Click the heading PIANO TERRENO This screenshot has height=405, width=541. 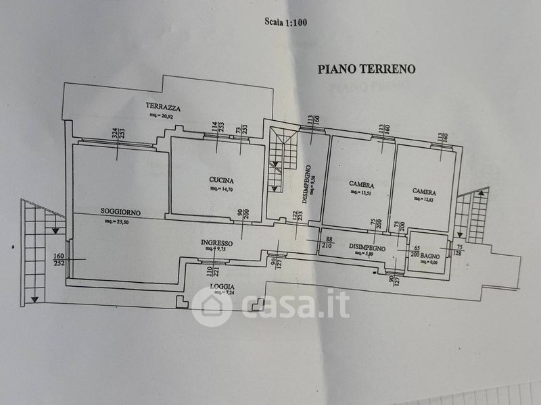[x=366, y=69]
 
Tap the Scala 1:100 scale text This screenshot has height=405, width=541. [x=285, y=22]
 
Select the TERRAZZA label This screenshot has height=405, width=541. [x=163, y=107]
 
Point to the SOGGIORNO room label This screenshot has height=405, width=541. [x=121, y=212]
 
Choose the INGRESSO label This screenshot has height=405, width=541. [x=216, y=242]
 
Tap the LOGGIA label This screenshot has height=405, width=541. [x=222, y=287]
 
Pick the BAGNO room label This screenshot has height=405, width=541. [x=429, y=257]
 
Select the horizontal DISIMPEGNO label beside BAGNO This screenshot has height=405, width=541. [x=367, y=248]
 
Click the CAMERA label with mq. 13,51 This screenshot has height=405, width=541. [x=362, y=184]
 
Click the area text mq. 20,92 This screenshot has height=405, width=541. [x=163, y=115]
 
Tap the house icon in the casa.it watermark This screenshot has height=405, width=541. [x=212, y=306]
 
